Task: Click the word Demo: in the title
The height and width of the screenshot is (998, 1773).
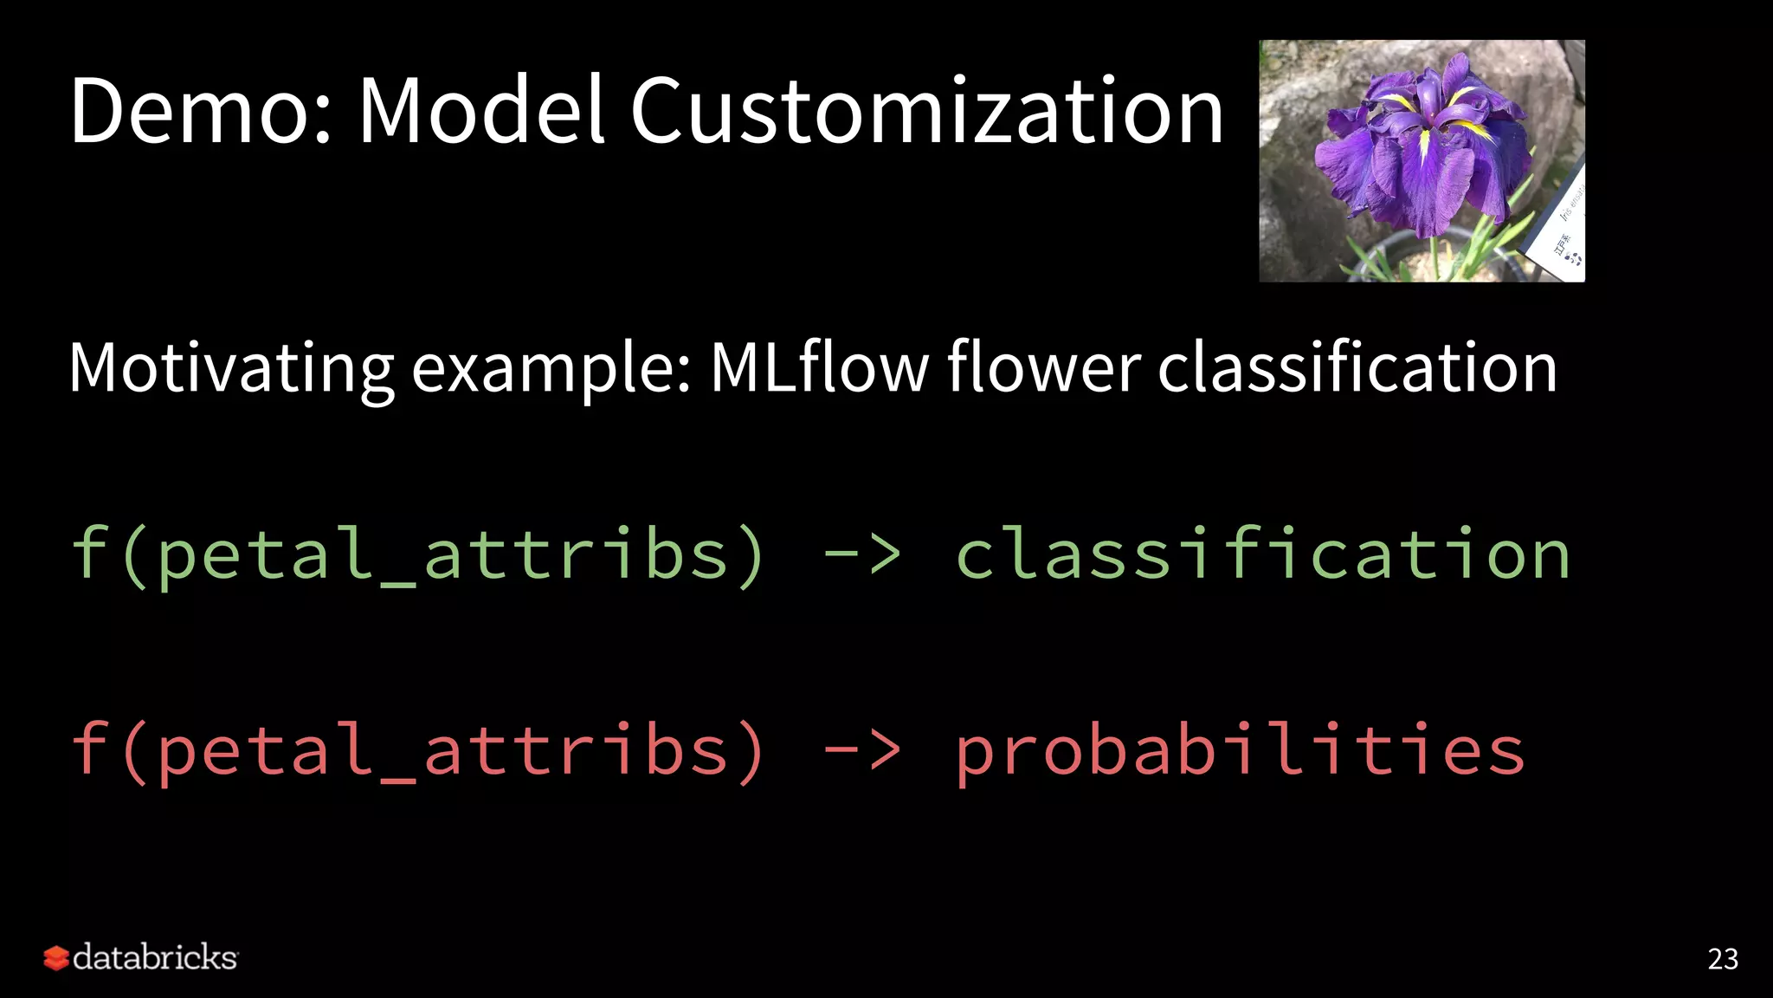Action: (200, 111)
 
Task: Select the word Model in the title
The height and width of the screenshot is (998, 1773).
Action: (481, 111)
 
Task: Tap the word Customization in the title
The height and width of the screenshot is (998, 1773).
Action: (926, 111)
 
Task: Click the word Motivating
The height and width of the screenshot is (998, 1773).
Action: (230, 369)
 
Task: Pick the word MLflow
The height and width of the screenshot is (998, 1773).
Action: (819, 367)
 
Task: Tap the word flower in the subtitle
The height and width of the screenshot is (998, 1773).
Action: (1044, 367)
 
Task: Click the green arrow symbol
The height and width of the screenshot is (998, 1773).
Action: (861, 554)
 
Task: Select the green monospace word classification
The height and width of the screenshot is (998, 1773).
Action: (1262, 554)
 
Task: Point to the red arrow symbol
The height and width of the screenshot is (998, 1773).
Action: (861, 750)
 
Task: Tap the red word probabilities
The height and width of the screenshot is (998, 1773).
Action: (1240, 750)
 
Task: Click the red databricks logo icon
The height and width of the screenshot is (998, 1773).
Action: (56, 958)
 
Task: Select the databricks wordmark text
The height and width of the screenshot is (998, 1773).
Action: (155, 957)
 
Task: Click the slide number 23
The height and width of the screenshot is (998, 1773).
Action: (1722, 959)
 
